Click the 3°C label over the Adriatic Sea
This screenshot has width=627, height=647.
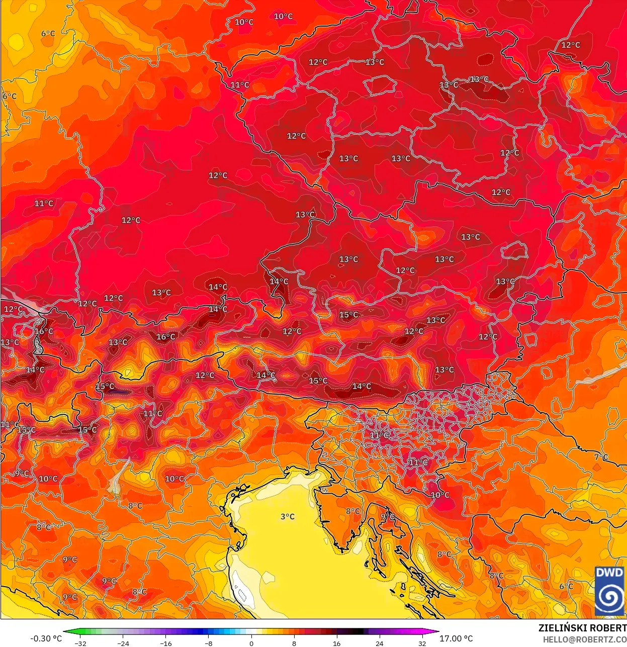click(x=288, y=517)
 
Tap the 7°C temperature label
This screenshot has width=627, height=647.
click(x=601, y=457)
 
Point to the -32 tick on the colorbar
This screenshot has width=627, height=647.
click(x=80, y=643)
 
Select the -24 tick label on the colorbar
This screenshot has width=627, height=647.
click(x=123, y=643)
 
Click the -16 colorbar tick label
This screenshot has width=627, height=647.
click(x=166, y=643)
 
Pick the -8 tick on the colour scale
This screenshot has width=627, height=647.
click(x=209, y=643)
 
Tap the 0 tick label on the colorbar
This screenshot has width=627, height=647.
click(x=251, y=643)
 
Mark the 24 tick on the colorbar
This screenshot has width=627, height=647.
click(x=379, y=643)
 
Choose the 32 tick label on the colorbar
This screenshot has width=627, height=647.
click(x=422, y=643)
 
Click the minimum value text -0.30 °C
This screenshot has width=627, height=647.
click(x=46, y=638)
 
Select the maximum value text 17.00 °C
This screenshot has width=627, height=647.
click(x=456, y=638)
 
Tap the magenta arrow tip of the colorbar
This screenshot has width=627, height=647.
click(x=436, y=632)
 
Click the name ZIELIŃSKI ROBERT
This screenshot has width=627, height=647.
click(x=582, y=628)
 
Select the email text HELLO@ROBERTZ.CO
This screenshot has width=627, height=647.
click(x=584, y=639)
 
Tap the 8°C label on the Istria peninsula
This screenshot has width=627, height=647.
click(x=353, y=511)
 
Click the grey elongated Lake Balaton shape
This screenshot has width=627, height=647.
click(x=601, y=373)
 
